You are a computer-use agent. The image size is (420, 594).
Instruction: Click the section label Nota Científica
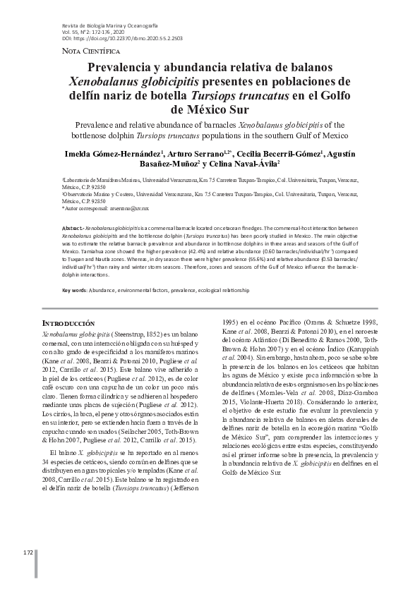click(x=72, y=51)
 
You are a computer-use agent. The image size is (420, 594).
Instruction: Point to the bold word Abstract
click(x=72, y=229)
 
